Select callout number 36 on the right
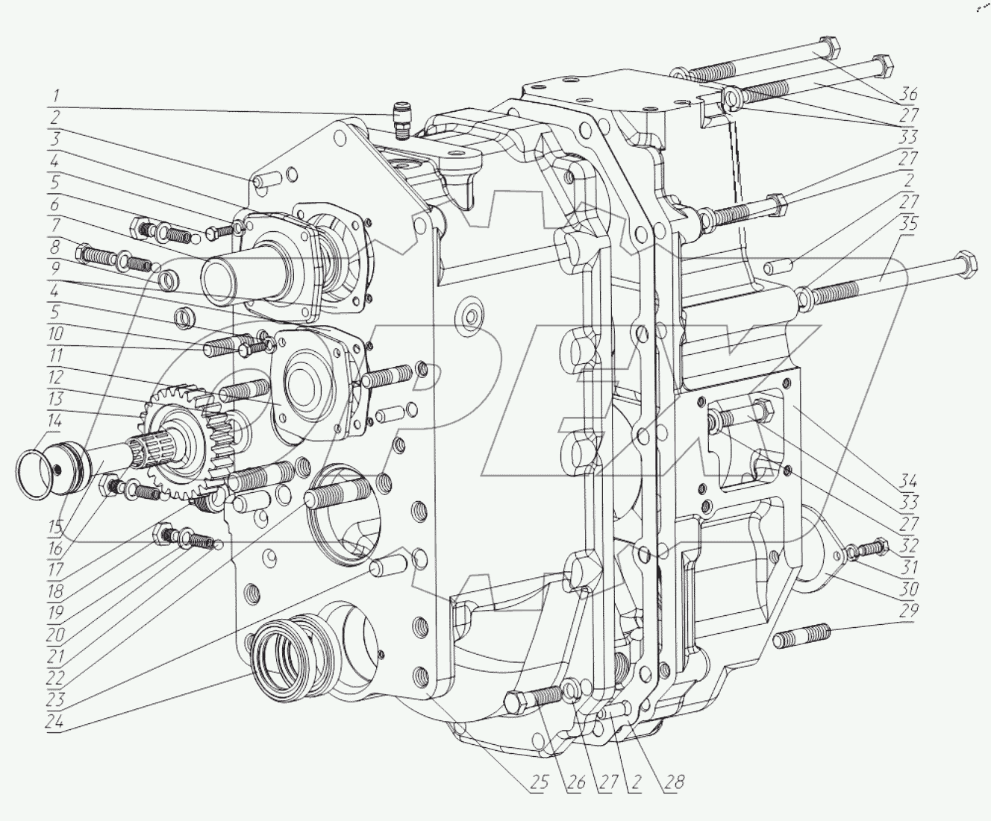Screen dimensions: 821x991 (x=908, y=95)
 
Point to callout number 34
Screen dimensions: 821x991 (x=908, y=480)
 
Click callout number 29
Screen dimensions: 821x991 (x=908, y=612)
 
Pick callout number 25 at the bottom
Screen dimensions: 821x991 (x=540, y=782)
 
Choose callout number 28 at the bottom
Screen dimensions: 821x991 (x=675, y=782)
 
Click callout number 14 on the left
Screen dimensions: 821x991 (x=55, y=421)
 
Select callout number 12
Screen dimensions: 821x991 (x=55, y=377)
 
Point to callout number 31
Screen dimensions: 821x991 (x=908, y=567)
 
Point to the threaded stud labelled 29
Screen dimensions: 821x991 (x=802, y=638)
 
